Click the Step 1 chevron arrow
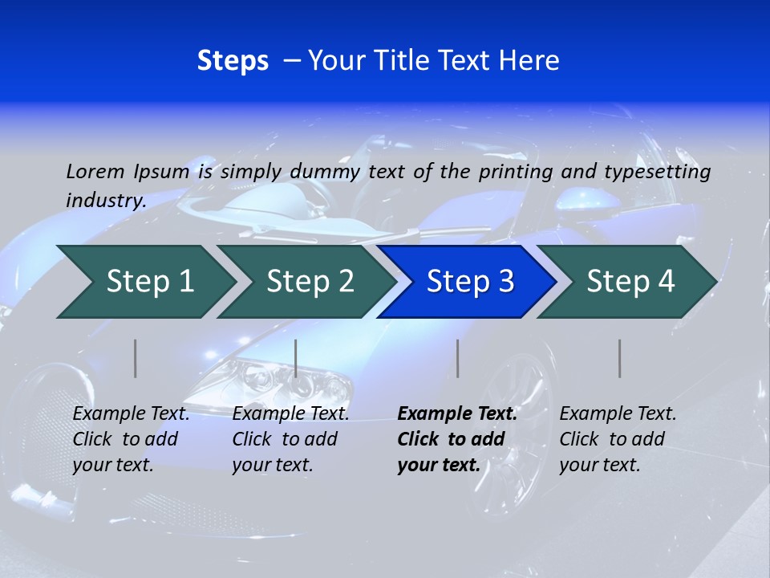point(149,282)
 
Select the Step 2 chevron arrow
point(310,282)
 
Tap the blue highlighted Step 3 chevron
point(470,282)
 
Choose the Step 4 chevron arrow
point(630,282)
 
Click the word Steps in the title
point(233,61)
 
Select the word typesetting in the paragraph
point(664,172)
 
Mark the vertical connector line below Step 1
point(136,358)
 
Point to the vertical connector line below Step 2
point(296,358)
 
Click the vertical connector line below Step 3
point(457,358)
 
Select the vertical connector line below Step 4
point(619,358)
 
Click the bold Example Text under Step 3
point(457,414)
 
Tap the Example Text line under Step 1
point(131,414)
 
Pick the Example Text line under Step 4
point(618,414)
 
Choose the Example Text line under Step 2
point(290,414)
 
